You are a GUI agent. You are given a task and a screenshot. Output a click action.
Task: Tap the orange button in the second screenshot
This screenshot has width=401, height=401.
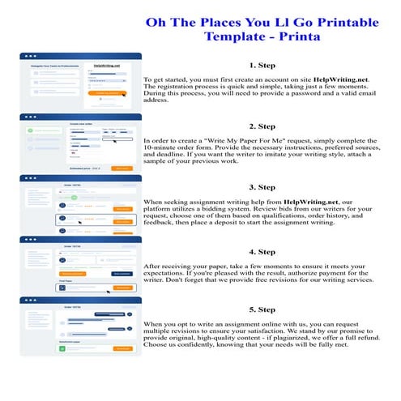tap(122, 168)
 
